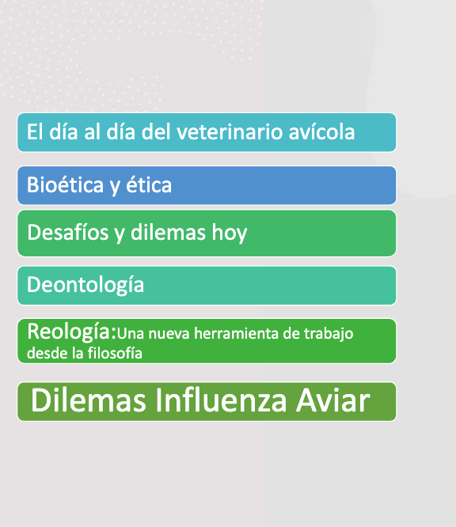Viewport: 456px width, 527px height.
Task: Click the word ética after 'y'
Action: tap(148, 186)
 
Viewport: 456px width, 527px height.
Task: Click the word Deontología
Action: tap(85, 285)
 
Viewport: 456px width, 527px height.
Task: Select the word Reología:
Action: tap(71, 332)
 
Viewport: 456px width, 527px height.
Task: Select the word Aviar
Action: tap(335, 401)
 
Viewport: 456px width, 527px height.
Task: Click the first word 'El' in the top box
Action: tap(34, 132)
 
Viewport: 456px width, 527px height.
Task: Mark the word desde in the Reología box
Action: tap(43, 353)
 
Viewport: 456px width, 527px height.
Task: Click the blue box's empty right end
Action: tap(317, 186)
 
